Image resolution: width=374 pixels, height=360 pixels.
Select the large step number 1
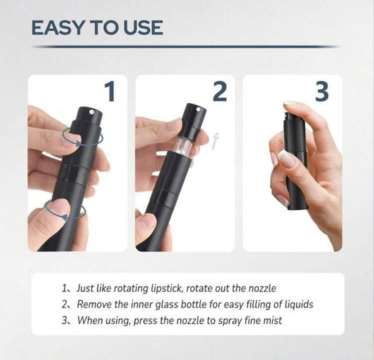click(x=110, y=91)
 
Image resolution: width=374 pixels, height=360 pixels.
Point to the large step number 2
click(x=220, y=91)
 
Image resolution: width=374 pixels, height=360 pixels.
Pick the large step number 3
click(x=322, y=91)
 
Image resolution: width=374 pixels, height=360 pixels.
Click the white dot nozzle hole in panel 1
click(x=91, y=112)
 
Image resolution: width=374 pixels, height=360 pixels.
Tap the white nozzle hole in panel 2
click(x=198, y=109)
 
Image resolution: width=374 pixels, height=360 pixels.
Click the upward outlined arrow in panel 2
click(x=215, y=141)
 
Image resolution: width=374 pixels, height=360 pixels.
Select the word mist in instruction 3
click(x=272, y=321)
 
